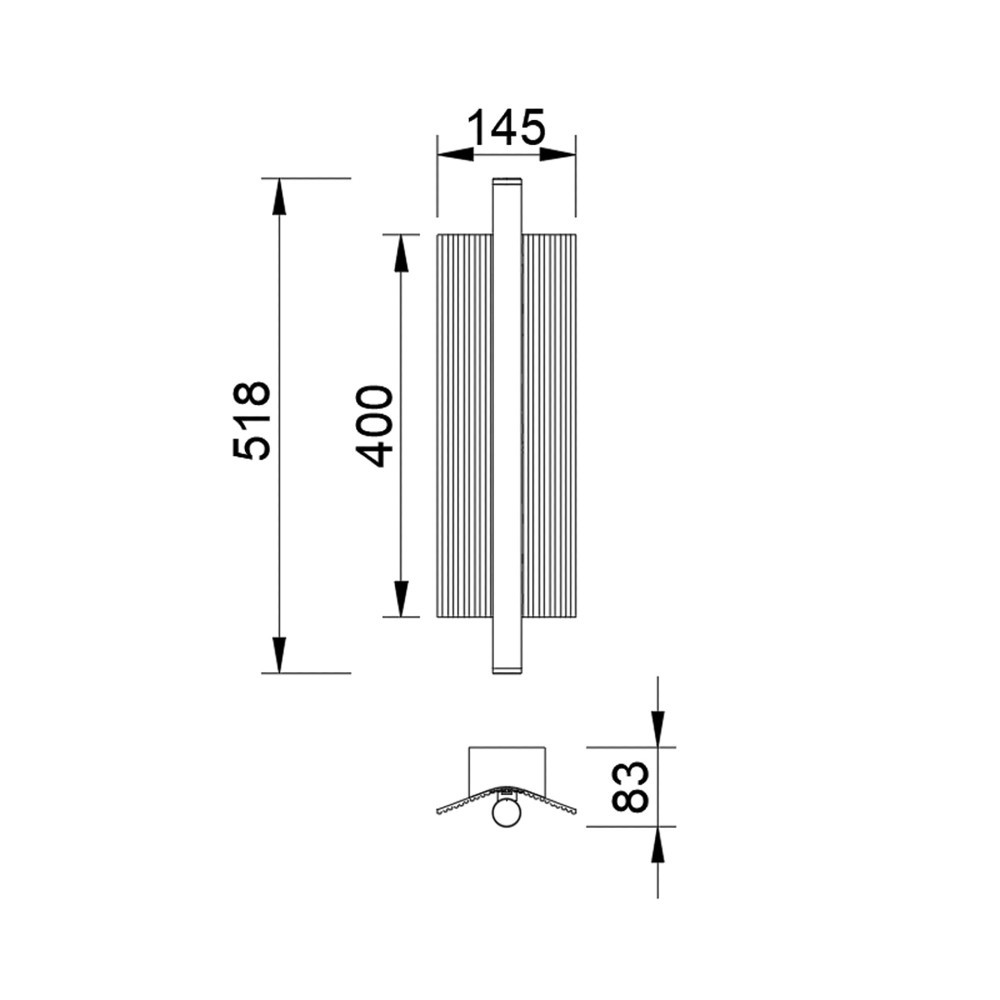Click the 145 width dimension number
507,128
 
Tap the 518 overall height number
252,421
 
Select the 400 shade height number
373,427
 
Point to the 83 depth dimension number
629,786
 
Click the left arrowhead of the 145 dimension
455,154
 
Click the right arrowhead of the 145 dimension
557,154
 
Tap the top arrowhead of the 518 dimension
279,196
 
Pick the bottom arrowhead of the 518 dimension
279,655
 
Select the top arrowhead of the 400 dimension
401,253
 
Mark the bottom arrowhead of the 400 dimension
401,599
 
